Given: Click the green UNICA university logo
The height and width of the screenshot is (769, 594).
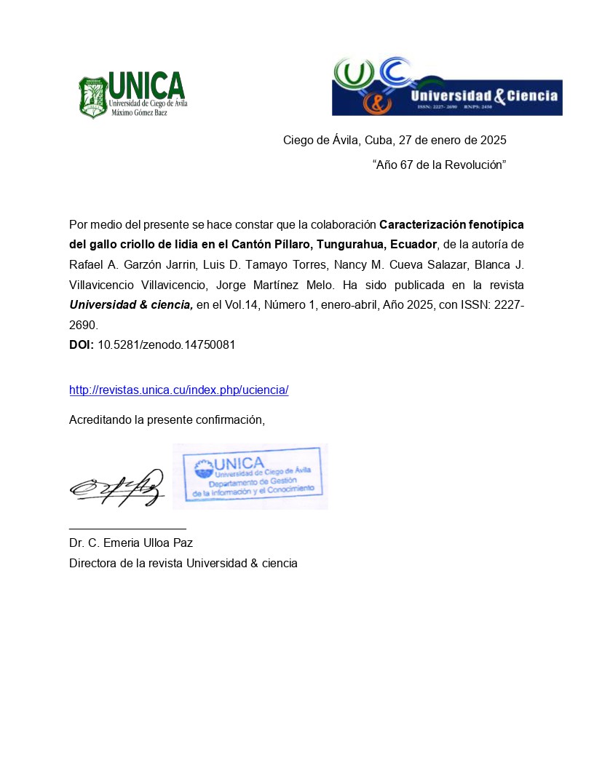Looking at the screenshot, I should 132,94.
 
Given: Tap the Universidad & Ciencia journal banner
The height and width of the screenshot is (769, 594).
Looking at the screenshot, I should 446,86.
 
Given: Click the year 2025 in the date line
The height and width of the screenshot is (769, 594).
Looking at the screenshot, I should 491,140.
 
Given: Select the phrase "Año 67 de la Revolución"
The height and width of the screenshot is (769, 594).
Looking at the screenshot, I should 439,165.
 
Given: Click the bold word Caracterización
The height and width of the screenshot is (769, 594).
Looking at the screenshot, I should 424,224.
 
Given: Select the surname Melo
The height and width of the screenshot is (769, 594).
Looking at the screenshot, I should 332,284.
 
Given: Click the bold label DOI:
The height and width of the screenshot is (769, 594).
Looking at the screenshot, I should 82,345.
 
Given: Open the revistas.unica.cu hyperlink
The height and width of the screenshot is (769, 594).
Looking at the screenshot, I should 178,390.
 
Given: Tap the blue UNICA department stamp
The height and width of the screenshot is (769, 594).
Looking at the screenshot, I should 250,476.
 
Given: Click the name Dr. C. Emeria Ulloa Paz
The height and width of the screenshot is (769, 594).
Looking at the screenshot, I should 130,543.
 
